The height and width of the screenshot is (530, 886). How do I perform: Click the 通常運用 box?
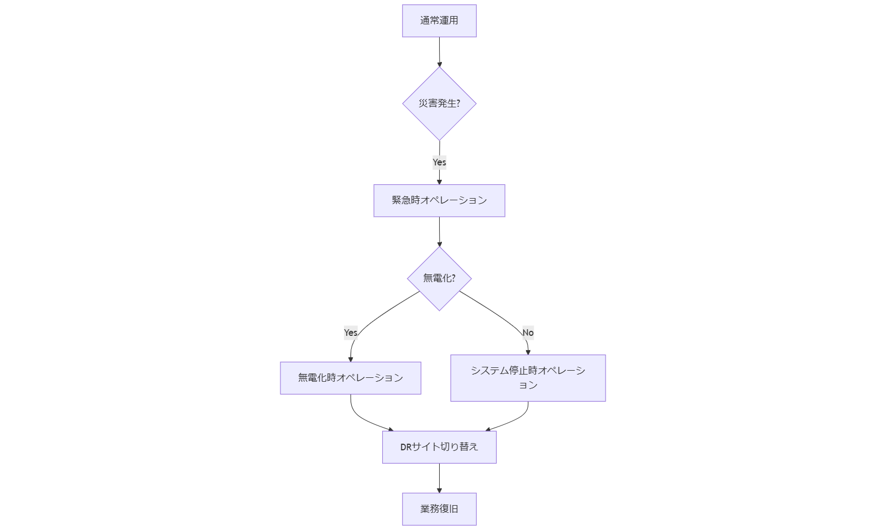[439, 21]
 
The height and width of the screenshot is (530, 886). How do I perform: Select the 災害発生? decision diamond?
[439, 103]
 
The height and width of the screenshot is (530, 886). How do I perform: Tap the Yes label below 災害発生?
[439, 162]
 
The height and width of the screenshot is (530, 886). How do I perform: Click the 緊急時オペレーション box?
[439, 200]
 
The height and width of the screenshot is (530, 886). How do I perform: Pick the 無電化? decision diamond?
[439, 278]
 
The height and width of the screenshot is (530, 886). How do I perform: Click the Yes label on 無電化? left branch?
[351, 332]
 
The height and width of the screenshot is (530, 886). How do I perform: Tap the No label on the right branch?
[528, 332]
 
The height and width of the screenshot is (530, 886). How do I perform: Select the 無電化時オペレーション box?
[350, 378]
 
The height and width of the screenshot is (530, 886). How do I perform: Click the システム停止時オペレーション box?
[528, 378]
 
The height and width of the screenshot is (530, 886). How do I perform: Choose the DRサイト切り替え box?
[439, 447]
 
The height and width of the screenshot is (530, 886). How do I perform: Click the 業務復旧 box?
[439, 509]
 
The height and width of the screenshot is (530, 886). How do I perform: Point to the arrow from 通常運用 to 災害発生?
[439, 51]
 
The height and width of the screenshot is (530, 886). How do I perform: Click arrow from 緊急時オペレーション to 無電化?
[439, 231]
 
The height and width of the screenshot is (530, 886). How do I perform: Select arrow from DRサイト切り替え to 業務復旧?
[439, 477]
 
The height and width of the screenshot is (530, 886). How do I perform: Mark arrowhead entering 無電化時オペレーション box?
[351, 359]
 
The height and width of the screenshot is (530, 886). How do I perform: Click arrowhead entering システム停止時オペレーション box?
[528, 352]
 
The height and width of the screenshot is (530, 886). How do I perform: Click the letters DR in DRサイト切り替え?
[406, 447]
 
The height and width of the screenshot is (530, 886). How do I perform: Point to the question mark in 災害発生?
[458, 103]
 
